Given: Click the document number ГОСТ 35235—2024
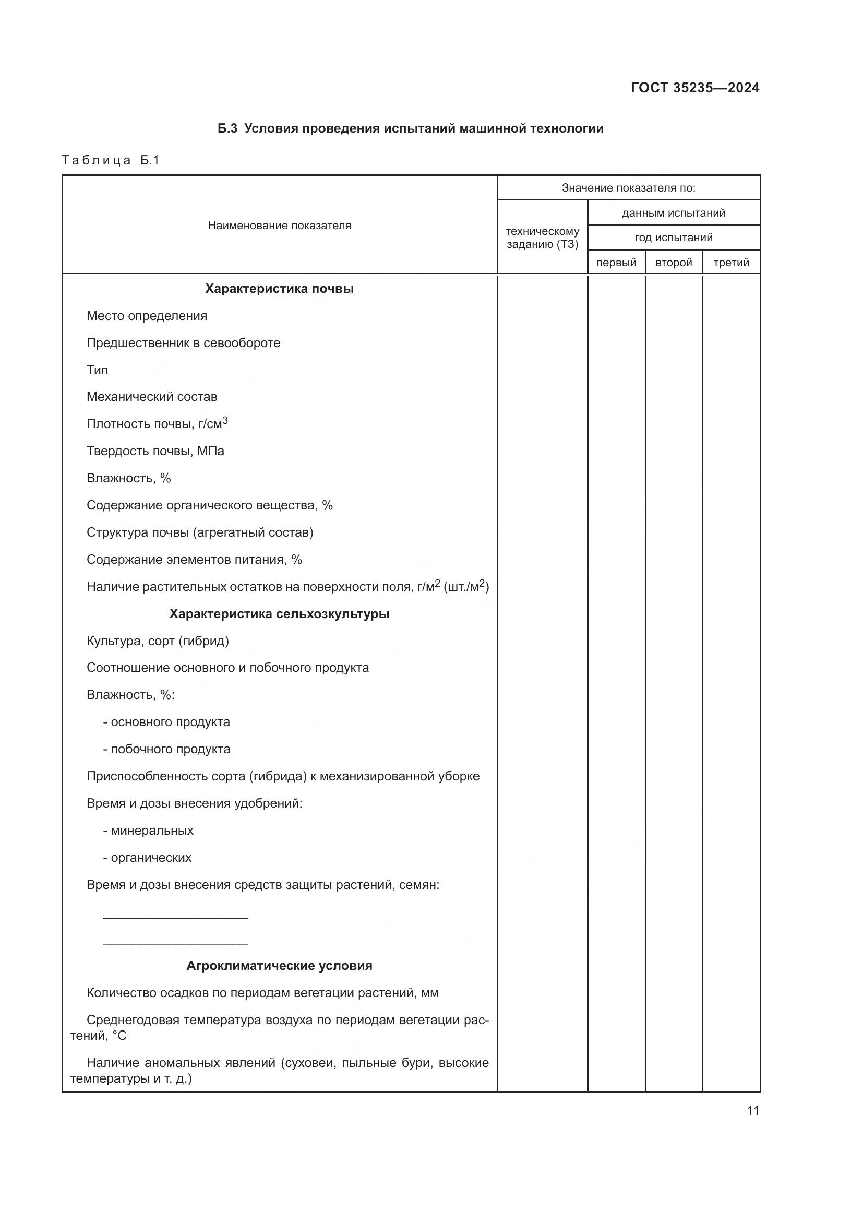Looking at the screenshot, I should tap(694, 88).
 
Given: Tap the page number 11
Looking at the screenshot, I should tap(752, 1110).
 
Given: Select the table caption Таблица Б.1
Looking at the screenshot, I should tap(111, 160).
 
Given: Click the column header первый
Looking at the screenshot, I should tap(616, 263).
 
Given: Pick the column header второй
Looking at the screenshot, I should tap(673, 263).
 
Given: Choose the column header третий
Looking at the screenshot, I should tap(730, 263).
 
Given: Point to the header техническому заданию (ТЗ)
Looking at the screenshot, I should tap(542, 238).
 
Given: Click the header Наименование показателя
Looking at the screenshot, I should tap(279, 226).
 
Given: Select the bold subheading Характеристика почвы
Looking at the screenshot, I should tap(279, 289).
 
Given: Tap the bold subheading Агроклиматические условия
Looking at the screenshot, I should tap(279, 966).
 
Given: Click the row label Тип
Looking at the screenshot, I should tap(97, 370).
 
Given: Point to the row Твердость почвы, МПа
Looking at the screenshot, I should tap(155, 451).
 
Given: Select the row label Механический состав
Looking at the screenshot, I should tap(151, 397).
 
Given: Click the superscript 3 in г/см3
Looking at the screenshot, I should tap(225, 421).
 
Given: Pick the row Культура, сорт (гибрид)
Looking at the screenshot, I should tap(157, 641).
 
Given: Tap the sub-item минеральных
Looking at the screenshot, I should tap(151, 831).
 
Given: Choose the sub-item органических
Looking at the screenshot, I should tap(150, 858).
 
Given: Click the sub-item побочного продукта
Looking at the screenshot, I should tap(170, 749).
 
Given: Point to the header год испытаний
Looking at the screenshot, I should tap(673, 238).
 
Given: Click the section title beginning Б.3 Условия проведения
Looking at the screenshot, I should tap(410, 129).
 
